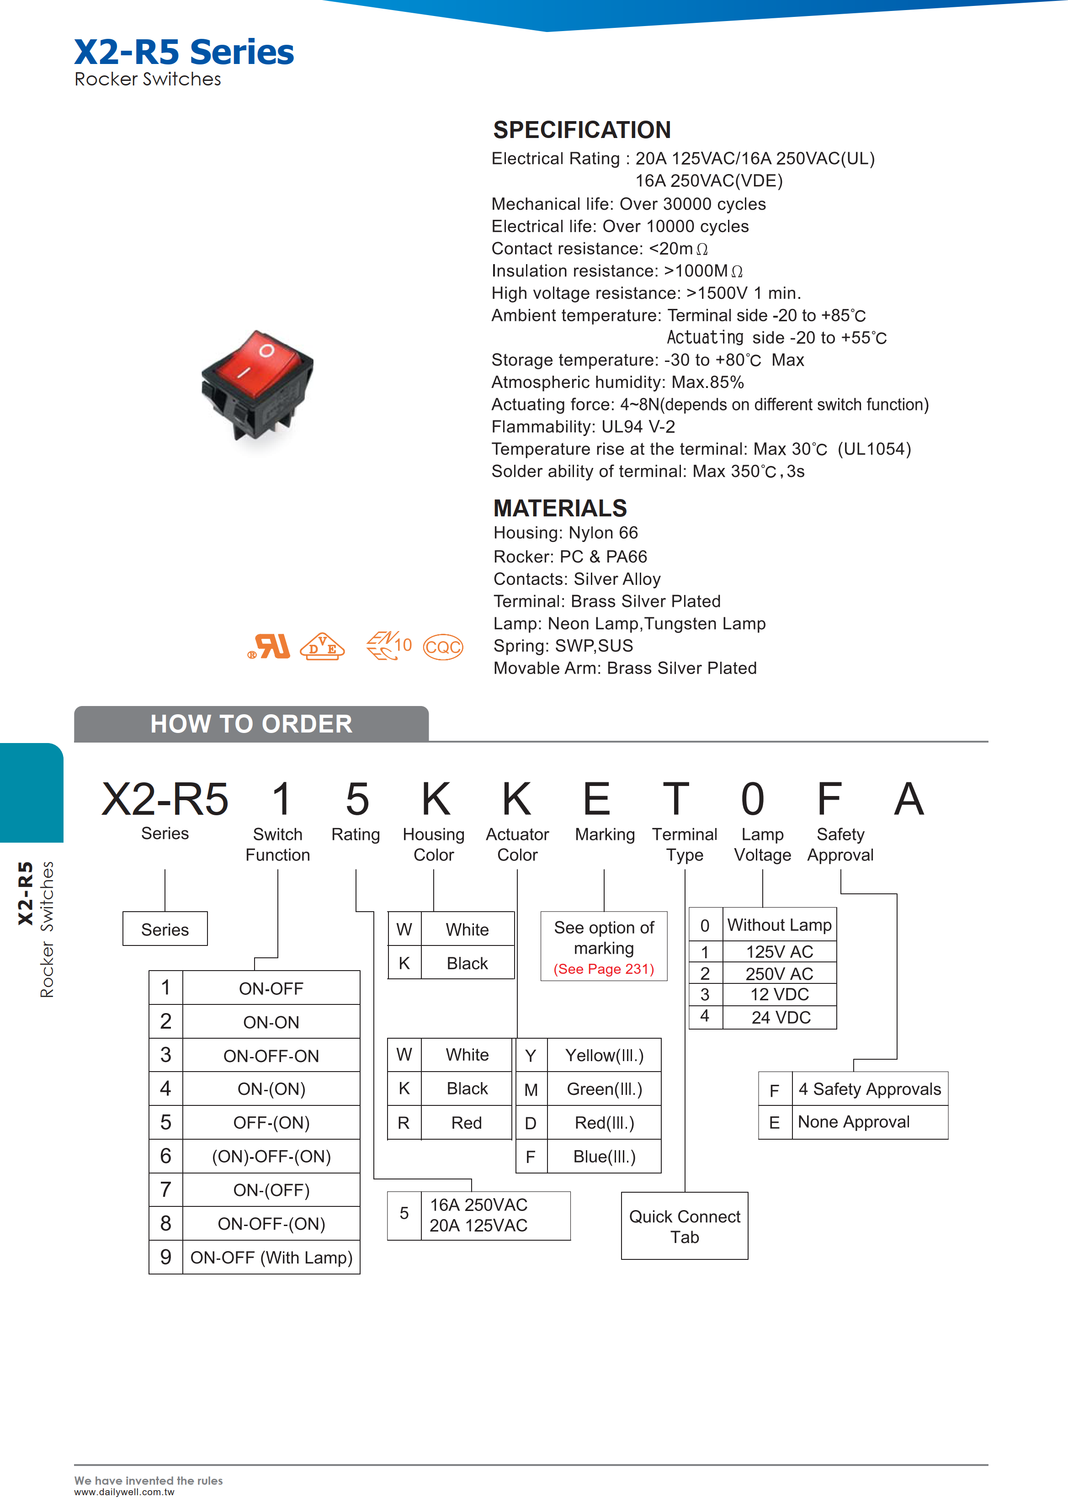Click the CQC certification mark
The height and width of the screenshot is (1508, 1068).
coord(442,647)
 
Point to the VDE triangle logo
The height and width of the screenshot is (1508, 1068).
coord(322,647)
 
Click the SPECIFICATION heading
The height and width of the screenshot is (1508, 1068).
coord(582,130)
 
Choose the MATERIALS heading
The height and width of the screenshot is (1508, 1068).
coord(560,508)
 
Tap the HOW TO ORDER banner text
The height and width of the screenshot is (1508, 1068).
coord(251,724)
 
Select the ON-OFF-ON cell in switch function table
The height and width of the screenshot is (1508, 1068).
coord(271,1056)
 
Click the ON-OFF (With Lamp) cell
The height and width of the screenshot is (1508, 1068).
coord(271,1258)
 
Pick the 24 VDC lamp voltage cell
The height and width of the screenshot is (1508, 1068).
coord(780,1017)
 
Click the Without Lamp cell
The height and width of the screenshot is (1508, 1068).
coord(779,925)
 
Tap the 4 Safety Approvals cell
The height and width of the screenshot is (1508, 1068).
coord(869,1089)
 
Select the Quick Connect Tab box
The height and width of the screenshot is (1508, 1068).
coord(685,1227)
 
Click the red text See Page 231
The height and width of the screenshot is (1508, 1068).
coord(604,969)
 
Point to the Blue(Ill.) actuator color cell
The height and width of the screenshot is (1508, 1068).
coord(604,1157)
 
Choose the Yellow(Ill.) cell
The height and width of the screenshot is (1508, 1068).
coord(604,1056)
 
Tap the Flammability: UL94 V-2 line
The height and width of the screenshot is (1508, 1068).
coord(583,427)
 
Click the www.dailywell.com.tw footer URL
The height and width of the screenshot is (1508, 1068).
coord(124,1492)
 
